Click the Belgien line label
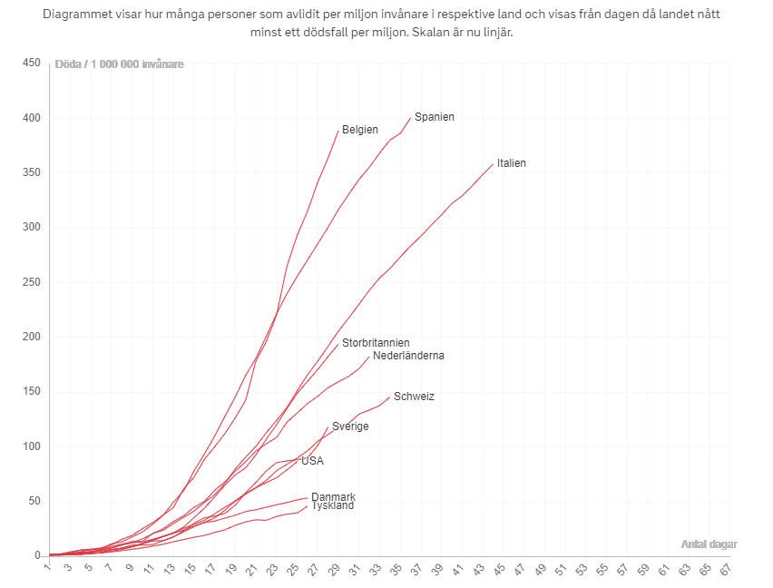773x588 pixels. click(x=360, y=130)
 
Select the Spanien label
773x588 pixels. click(x=435, y=117)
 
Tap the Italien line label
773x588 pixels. click(x=511, y=163)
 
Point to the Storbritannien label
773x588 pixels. click(x=376, y=343)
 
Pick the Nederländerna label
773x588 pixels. click(x=408, y=356)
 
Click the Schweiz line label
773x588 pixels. click(x=414, y=397)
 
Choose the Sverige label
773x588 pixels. click(x=350, y=426)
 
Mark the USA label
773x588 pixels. click(x=312, y=461)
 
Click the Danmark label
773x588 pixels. click(x=333, y=496)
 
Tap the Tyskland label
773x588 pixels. click(x=333, y=505)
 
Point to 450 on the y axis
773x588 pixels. click(x=32, y=63)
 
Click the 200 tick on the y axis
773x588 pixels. click(x=32, y=337)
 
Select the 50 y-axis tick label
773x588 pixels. click(x=34, y=501)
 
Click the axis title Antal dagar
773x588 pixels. click(x=709, y=544)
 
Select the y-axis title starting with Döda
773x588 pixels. click(x=119, y=64)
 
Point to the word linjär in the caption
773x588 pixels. click(x=508, y=32)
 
